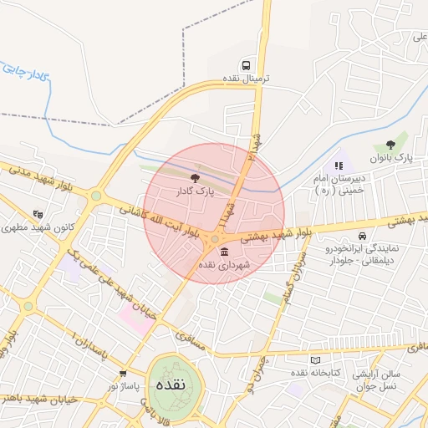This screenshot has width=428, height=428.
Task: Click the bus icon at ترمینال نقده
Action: [x=246, y=64]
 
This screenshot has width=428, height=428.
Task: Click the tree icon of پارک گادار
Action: [x=195, y=177]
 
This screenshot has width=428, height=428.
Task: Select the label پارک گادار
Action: [x=195, y=191]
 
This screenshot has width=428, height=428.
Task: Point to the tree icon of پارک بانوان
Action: [x=390, y=145]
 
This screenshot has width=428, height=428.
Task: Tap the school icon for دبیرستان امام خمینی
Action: [x=339, y=166]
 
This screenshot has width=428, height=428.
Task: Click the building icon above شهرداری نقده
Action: [x=223, y=251]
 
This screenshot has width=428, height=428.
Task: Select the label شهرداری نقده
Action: [x=218, y=264]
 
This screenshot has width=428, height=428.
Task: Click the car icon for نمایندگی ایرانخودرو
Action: [x=361, y=236]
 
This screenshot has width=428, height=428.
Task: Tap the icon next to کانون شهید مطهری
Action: [x=38, y=214]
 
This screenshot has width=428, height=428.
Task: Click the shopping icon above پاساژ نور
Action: [x=123, y=374]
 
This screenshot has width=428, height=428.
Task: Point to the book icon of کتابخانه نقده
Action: [x=314, y=359]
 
